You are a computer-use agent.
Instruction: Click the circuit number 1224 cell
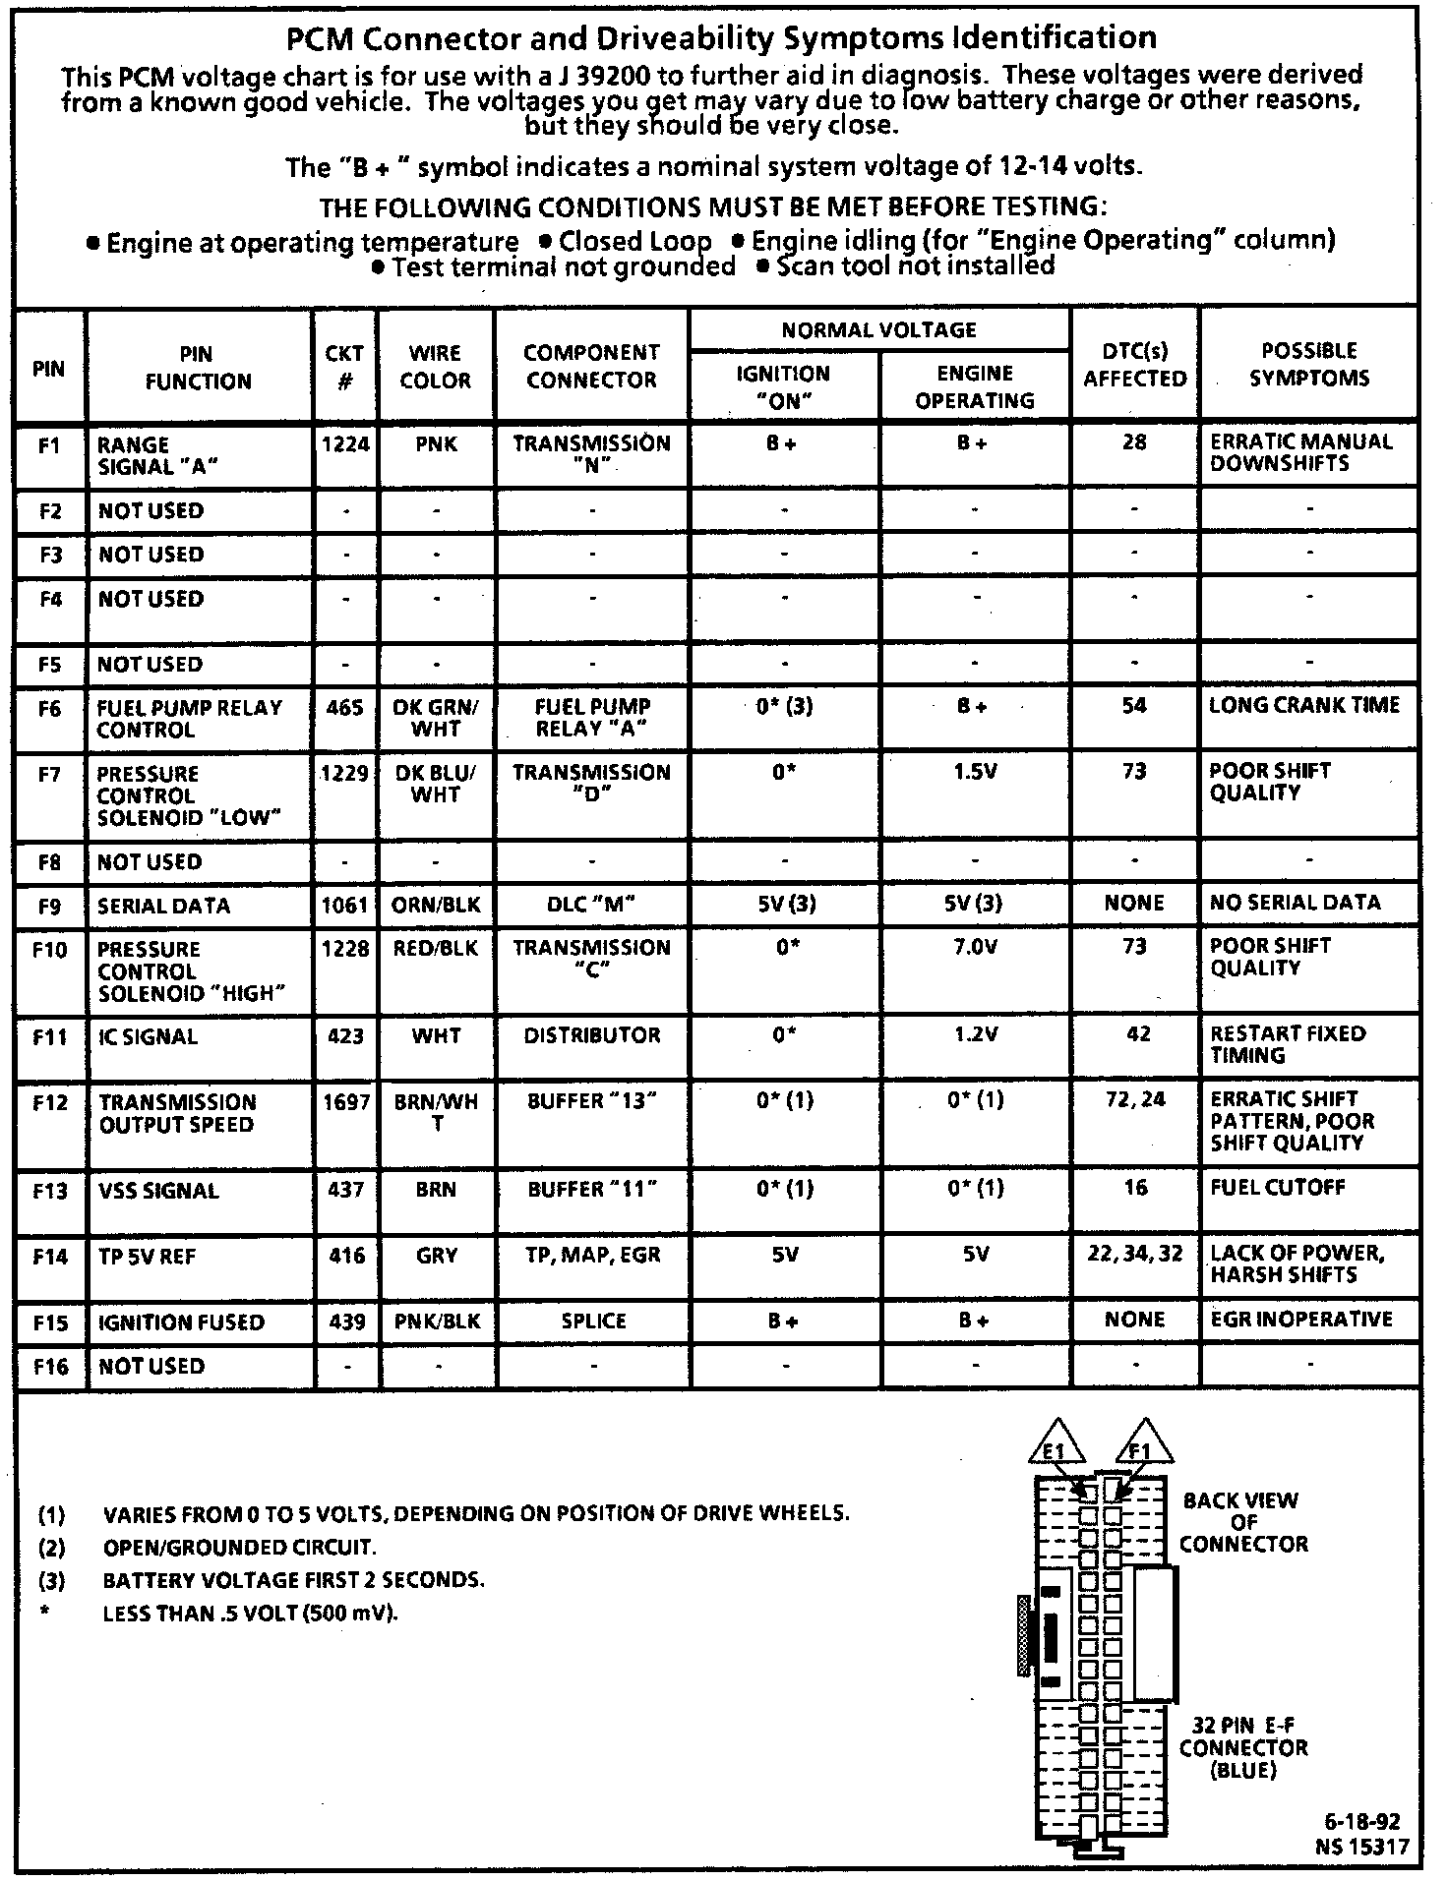[x=345, y=444]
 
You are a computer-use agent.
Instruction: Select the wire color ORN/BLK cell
[x=436, y=905]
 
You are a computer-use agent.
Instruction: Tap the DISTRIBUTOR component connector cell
[x=592, y=1035]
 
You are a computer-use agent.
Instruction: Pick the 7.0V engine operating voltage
[x=975, y=947]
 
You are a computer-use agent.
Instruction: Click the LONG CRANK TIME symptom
[x=1304, y=705]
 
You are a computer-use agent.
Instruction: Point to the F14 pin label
[x=50, y=1257]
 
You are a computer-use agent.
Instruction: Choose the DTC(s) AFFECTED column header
[x=1135, y=365]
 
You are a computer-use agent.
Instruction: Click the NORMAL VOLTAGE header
[x=878, y=330]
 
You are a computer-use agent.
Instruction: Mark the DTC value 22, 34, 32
[x=1135, y=1255]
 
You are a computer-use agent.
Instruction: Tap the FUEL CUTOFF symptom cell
[x=1277, y=1188]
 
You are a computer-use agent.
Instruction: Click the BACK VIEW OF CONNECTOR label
[x=1241, y=1523]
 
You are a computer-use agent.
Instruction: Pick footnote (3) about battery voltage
[x=293, y=1580]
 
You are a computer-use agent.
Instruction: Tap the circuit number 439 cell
[x=346, y=1322]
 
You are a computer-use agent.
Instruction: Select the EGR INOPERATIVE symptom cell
[x=1300, y=1320]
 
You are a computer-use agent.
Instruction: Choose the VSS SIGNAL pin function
[x=157, y=1191]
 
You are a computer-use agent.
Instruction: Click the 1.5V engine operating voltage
[x=975, y=772]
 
